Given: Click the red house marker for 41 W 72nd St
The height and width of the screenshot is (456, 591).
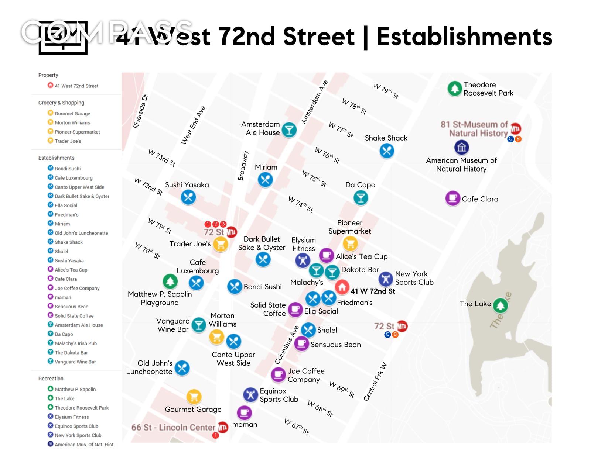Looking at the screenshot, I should click(342, 286).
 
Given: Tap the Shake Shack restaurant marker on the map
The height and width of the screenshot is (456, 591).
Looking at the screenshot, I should click(387, 151).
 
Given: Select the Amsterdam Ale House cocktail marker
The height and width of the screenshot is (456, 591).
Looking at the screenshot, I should click(289, 130).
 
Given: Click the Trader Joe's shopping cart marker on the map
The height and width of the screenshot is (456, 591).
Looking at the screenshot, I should click(221, 244).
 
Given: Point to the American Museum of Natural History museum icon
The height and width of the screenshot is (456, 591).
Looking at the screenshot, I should click(461, 148).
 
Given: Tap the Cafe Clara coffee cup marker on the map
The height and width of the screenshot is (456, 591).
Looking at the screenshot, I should click(452, 198).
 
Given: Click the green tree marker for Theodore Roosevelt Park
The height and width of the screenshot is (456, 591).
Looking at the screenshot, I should click(455, 89).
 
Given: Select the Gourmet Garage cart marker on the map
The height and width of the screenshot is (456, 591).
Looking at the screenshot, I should click(194, 397).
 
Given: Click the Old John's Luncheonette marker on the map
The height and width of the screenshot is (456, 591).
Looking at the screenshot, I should click(182, 367).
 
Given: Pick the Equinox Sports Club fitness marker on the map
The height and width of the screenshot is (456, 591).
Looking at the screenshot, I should click(250, 395).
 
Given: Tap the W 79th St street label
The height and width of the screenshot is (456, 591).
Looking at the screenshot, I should click(386, 91).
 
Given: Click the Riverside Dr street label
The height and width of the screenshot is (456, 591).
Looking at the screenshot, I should click(140, 111).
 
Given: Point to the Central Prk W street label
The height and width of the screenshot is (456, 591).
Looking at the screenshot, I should click(375, 381).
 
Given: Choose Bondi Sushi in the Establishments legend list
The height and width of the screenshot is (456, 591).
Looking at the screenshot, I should click(68, 169).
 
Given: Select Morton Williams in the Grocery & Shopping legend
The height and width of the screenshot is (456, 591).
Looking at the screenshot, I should click(72, 123).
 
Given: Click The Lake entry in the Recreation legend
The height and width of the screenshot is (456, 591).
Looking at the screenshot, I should click(65, 398).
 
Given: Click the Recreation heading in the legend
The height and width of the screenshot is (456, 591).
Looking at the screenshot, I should click(51, 379).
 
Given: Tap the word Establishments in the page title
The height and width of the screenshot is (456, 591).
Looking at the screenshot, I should click(464, 37).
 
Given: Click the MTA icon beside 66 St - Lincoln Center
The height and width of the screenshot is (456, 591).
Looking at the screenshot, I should click(223, 427).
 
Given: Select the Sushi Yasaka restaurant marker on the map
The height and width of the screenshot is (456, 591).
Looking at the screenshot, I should click(188, 197).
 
